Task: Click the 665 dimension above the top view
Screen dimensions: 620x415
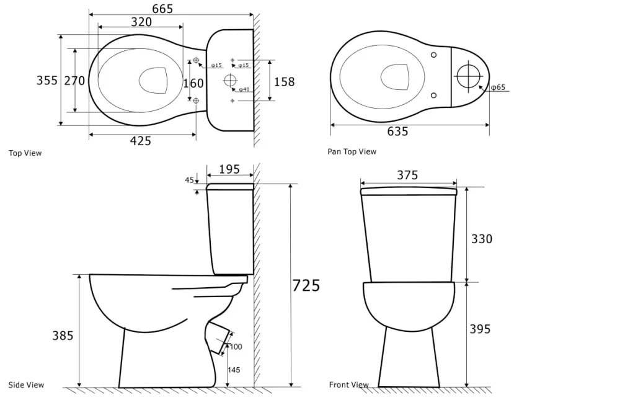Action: click(x=162, y=8)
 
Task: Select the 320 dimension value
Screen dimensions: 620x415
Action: click(x=141, y=22)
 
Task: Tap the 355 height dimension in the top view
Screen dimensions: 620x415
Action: click(x=46, y=80)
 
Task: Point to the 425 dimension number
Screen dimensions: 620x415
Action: click(x=140, y=141)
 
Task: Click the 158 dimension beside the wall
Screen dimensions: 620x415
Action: click(x=285, y=82)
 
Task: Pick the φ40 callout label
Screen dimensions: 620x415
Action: click(x=244, y=89)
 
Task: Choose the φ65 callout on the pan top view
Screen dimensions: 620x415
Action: click(x=498, y=87)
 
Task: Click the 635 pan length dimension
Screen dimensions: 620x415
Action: click(x=397, y=131)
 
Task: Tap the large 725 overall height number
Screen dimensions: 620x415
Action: click(x=306, y=285)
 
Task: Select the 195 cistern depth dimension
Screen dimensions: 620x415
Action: click(x=229, y=169)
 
